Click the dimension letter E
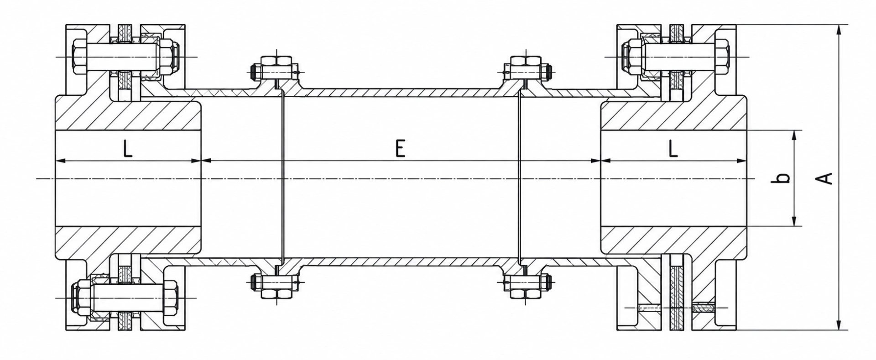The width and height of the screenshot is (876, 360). point(400,149)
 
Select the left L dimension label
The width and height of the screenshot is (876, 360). point(128,149)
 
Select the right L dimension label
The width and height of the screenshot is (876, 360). point(673,149)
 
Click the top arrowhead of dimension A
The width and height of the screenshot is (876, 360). point(839,29)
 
